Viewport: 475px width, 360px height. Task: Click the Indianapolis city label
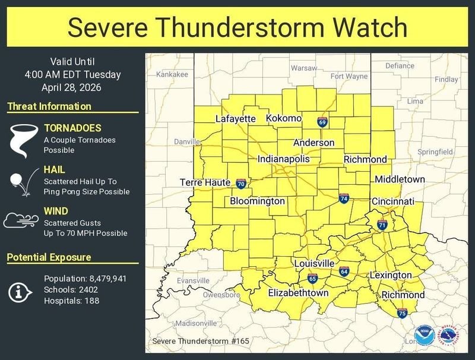(x=283, y=159)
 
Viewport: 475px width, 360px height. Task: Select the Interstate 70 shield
(x=240, y=184)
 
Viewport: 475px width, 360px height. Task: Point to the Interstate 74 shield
(x=344, y=198)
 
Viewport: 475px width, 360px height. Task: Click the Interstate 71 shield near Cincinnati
(x=382, y=225)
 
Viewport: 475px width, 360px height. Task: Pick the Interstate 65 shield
(x=312, y=278)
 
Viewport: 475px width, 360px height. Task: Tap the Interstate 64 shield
(x=344, y=271)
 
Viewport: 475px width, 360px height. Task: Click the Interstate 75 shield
(x=402, y=313)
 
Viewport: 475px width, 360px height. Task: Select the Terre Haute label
(x=205, y=182)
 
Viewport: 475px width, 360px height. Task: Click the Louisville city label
(x=314, y=263)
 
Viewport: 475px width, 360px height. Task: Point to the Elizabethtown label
(x=298, y=293)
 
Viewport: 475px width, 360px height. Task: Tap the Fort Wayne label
(x=349, y=76)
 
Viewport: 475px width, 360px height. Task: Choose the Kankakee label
(x=172, y=74)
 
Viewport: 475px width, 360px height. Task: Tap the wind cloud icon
(x=21, y=220)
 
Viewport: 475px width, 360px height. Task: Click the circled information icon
(x=21, y=291)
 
